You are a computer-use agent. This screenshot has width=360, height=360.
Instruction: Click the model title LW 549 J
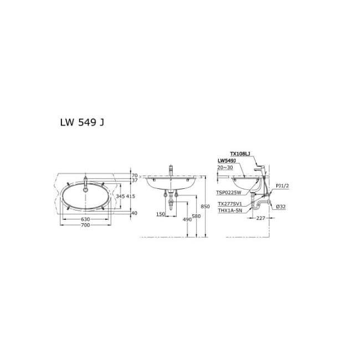[81, 122]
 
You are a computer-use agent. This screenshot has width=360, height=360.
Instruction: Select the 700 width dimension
[85, 225]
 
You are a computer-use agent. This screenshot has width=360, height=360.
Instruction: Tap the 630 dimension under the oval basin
[85, 219]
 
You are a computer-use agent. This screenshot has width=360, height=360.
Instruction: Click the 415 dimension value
[131, 197]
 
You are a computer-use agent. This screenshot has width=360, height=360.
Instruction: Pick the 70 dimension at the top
[134, 175]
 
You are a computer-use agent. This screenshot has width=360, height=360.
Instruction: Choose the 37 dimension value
[134, 181]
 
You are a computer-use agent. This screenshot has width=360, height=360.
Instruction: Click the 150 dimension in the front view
[160, 214]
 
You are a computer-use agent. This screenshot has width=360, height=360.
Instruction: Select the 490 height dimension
[188, 219]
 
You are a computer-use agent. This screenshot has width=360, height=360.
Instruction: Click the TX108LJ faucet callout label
[239, 154]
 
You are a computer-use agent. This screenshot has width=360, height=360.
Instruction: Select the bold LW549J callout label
[227, 160]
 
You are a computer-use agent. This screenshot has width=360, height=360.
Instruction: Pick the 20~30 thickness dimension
[226, 166]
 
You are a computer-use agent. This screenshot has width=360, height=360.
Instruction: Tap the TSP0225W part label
[228, 193]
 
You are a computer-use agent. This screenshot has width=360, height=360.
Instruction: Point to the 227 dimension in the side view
[261, 218]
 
